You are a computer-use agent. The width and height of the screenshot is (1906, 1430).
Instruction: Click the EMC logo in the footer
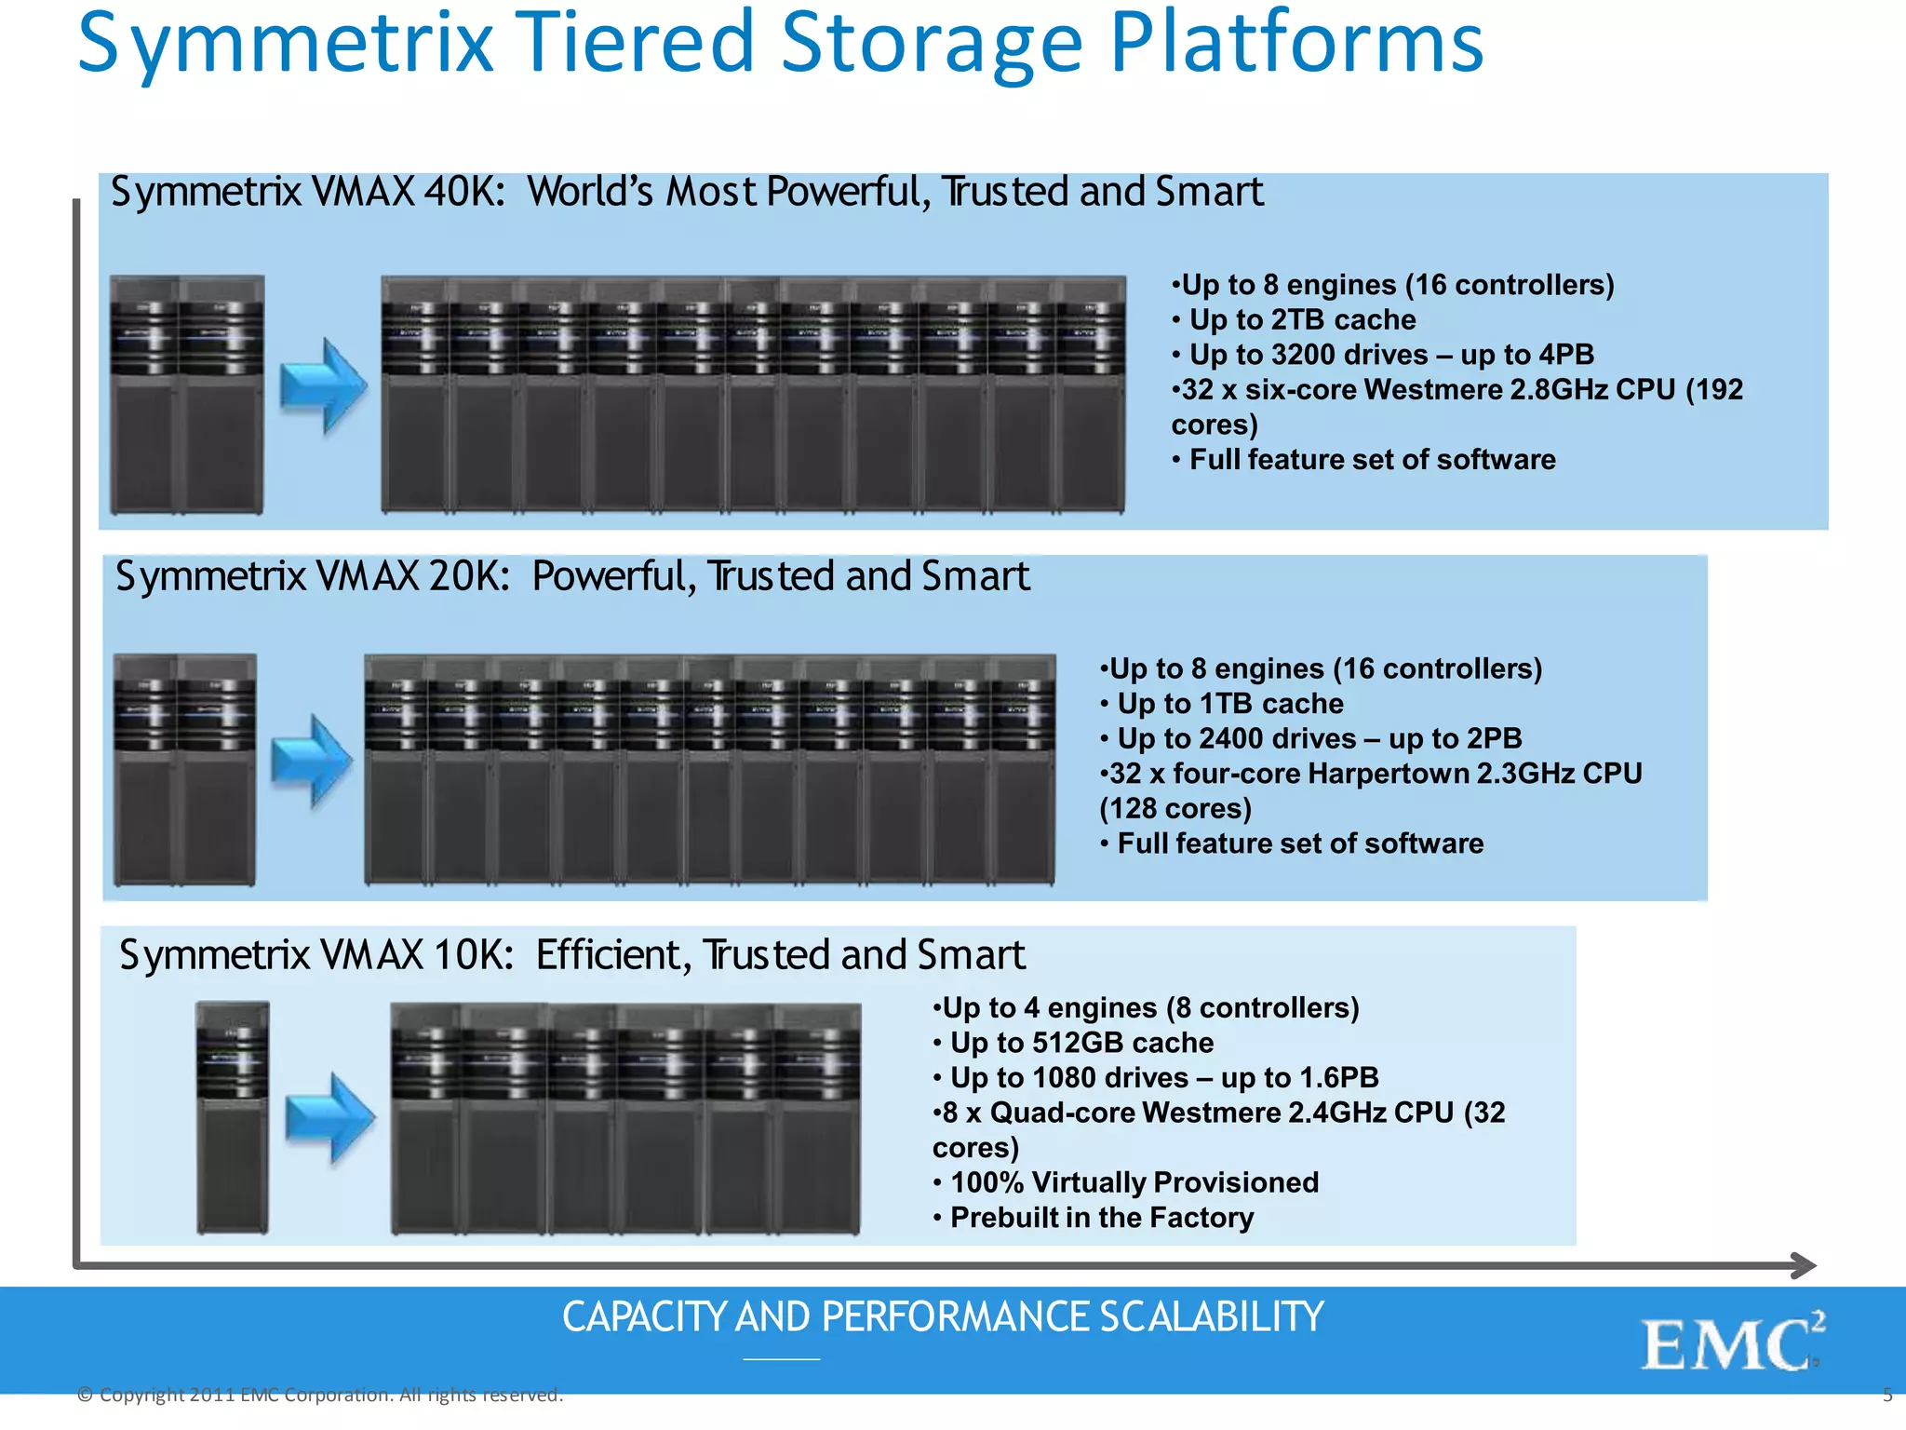[1731, 1343]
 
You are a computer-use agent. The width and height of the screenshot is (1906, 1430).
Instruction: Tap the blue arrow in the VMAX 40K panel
[323, 386]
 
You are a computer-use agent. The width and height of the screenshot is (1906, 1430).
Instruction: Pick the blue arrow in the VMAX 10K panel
[329, 1118]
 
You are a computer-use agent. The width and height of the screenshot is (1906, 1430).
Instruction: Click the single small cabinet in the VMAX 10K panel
[233, 1117]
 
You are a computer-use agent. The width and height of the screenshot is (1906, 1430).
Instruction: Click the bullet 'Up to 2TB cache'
[1301, 319]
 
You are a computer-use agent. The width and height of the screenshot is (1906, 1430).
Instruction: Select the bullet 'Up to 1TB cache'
[1229, 703]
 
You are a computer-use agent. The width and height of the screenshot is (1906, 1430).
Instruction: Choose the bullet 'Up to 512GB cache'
[1081, 1042]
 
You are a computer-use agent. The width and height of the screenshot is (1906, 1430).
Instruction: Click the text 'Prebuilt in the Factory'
[1101, 1217]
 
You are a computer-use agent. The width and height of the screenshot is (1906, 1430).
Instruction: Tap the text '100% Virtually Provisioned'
[1134, 1181]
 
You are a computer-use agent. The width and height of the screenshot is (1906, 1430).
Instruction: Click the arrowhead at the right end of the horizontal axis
[1804, 1264]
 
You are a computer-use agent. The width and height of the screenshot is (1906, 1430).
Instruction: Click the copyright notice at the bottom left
[320, 1394]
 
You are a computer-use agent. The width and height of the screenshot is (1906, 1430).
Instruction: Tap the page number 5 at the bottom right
[1887, 1395]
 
